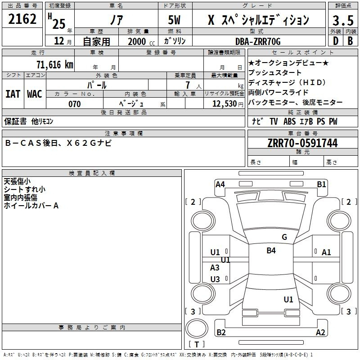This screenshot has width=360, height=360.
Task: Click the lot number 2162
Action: [x=22, y=19]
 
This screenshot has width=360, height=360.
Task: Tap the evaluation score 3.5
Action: [x=343, y=20]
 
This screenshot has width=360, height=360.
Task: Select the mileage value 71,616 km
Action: [x=55, y=64]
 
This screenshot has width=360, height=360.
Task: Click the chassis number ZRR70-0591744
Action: [x=302, y=143]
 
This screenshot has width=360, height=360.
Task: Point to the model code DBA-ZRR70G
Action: [x=258, y=41]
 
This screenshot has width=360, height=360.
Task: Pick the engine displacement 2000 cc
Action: [x=141, y=42]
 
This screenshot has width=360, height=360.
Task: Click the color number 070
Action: [x=75, y=104]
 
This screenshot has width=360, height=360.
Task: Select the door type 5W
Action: [x=174, y=20]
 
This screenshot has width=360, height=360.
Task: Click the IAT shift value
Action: [x=13, y=94]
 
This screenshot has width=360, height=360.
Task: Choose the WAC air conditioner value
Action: [x=35, y=94]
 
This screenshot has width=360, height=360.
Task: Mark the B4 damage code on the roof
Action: [x=271, y=250]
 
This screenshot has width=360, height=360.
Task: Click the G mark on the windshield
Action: [x=284, y=237]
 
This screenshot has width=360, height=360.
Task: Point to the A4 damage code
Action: [x=220, y=184]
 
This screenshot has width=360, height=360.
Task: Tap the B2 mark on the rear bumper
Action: [x=221, y=332]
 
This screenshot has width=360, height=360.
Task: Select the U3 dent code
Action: [x=215, y=279]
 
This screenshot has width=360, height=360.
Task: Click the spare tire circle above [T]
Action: [x=197, y=328]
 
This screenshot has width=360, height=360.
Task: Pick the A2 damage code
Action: [x=320, y=332]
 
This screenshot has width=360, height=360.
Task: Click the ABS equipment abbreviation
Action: [x=289, y=121]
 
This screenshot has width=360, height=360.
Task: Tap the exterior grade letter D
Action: [x=336, y=41]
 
